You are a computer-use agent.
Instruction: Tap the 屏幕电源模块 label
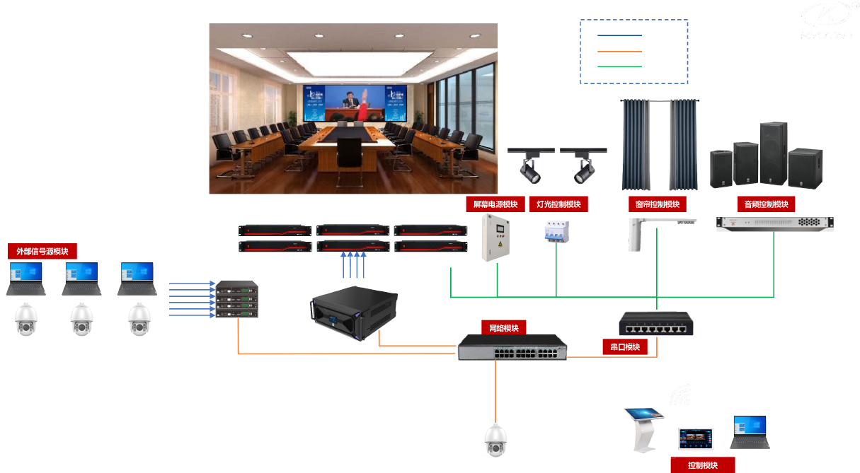(x=495, y=204)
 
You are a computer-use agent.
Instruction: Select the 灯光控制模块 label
(x=558, y=204)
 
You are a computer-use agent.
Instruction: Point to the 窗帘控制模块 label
(x=658, y=204)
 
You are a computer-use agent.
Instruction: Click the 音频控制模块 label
(x=766, y=204)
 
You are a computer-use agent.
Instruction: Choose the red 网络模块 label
(x=504, y=329)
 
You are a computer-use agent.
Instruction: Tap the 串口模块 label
(x=625, y=347)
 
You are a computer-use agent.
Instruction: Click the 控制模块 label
(x=703, y=465)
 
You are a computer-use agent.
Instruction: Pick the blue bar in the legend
(x=617, y=35)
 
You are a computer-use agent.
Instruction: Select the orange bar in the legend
(x=617, y=51)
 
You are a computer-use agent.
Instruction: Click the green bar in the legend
(x=617, y=66)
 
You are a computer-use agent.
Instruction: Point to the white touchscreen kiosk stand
(x=643, y=428)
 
